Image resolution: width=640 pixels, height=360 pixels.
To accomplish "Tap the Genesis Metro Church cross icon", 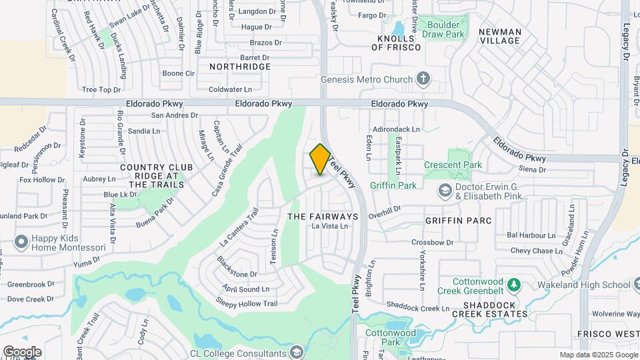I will pyautogui.click(x=422, y=79).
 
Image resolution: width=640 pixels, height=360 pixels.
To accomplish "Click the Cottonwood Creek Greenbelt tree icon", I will pyautogui.click(x=513, y=285).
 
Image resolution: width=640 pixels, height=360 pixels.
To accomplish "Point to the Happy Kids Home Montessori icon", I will pyautogui.click(x=21, y=242).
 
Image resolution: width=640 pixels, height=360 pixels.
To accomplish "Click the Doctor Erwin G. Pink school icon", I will pyautogui.click(x=445, y=191).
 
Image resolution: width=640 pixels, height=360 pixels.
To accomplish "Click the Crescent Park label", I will pyautogui.click(x=453, y=165).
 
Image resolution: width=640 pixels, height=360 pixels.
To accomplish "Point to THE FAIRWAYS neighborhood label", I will pyautogui.click(x=323, y=217).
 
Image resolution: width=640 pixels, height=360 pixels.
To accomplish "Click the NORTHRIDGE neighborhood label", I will pyautogui.click(x=240, y=67).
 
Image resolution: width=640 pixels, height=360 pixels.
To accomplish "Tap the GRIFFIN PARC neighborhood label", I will pyautogui.click(x=459, y=220).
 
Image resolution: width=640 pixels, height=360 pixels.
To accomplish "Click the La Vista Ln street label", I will pyautogui.click(x=330, y=227).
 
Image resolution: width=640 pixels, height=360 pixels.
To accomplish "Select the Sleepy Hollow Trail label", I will pyautogui.click(x=246, y=303).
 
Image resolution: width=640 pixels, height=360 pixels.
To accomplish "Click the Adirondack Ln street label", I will pyautogui.click(x=397, y=129).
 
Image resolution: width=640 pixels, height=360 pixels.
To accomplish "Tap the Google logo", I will pyautogui.click(x=22, y=351).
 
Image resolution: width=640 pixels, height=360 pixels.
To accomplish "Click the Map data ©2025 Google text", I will pyautogui.click(x=598, y=355).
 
